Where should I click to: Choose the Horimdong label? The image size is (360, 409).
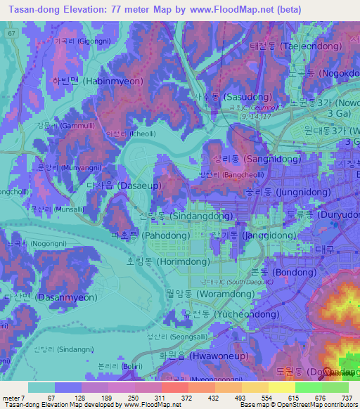(162, 260)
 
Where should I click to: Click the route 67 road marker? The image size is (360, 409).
(11, 34)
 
